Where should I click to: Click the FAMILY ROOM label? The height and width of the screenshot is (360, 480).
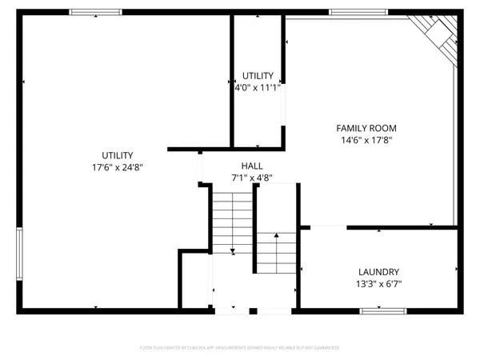click(x=366, y=128)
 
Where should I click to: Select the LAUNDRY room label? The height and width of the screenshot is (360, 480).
click(x=378, y=271)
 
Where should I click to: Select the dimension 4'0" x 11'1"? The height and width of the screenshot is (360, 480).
click(x=257, y=86)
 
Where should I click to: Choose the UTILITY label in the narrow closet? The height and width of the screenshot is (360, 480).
click(x=257, y=75)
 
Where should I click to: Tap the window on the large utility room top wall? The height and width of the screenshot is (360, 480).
click(x=95, y=12)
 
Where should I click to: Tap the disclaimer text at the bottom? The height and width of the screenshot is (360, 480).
click(x=239, y=348)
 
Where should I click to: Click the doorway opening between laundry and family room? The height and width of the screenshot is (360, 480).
click(x=323, y=227)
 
